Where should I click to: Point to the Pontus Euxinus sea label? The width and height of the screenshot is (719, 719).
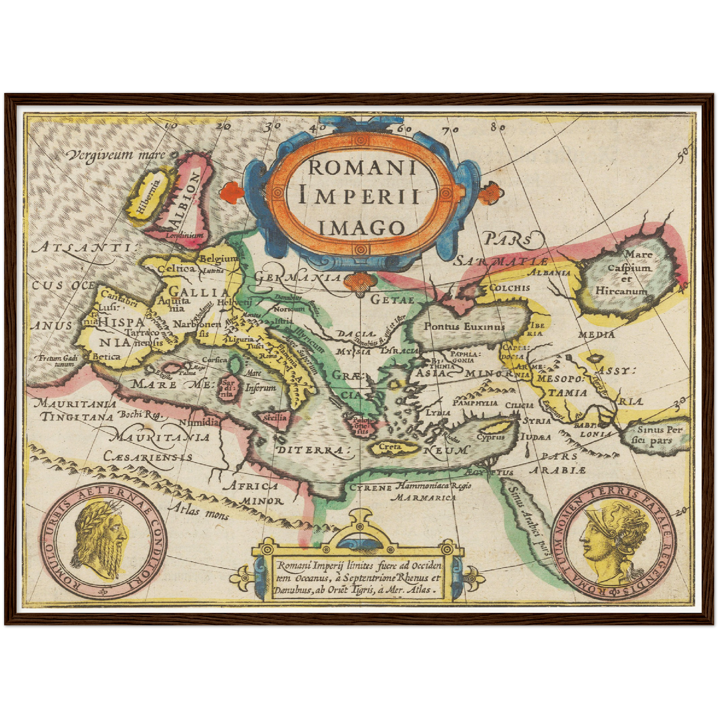(x=464, y=326)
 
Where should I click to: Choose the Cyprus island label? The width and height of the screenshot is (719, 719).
(x=491, y=437)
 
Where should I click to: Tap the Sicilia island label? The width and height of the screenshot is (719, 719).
(x=276, y=417)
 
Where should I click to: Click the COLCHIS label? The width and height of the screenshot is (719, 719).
(x=510, y=288)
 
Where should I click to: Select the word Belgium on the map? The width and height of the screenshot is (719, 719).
(x=218, y=258)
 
